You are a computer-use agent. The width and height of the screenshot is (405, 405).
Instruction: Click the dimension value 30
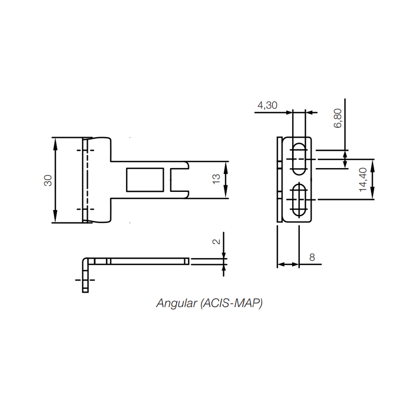(48, 180)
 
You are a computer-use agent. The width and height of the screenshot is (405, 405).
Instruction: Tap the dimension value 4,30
(267, 105)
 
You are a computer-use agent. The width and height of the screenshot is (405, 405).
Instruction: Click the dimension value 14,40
(362, 180)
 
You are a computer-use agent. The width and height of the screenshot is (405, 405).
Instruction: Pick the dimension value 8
(312, 257)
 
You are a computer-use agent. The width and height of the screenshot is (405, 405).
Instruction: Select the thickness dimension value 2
(217, 241)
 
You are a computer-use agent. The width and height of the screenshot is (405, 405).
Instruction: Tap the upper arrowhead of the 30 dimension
(55, 141)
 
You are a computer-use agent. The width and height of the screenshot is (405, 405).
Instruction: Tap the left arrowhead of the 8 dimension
(279, 264)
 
